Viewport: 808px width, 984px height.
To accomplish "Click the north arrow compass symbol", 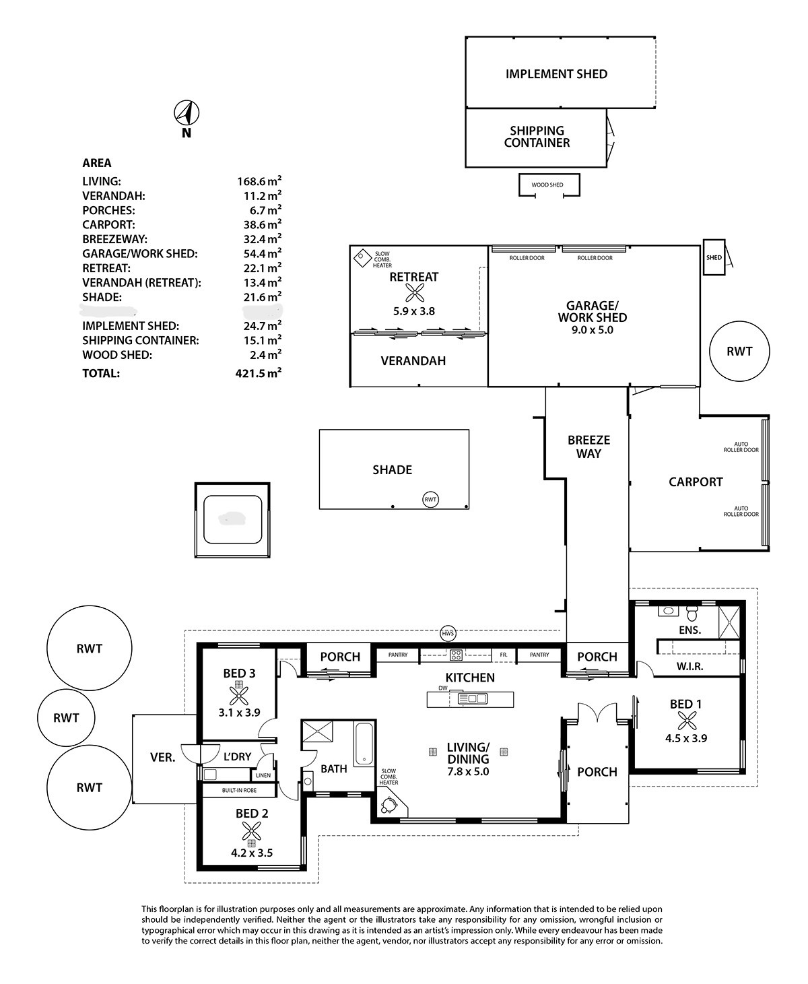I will point(187,112).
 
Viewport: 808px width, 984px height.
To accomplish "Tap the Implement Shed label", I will point(556,74).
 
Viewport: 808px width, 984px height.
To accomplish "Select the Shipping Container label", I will point(537,137).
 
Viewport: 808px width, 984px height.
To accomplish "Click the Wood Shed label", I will point(547,185).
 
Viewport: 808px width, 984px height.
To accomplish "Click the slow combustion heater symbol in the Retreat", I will point(364,257).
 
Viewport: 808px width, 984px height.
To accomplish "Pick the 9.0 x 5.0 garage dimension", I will point(593,330).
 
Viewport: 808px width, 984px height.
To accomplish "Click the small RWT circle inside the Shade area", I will point(430,499).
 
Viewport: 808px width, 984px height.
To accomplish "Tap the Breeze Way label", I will point(588,447).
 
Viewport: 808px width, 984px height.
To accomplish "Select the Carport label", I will point(696,482).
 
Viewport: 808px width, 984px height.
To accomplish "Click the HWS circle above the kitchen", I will point(448,633).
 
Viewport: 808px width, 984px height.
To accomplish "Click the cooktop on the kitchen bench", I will point(456,654).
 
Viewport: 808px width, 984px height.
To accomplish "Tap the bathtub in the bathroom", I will point(364,744).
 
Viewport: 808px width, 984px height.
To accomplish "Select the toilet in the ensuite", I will point(692,614).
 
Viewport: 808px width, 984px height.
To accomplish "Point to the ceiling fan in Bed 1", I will point(686,721).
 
